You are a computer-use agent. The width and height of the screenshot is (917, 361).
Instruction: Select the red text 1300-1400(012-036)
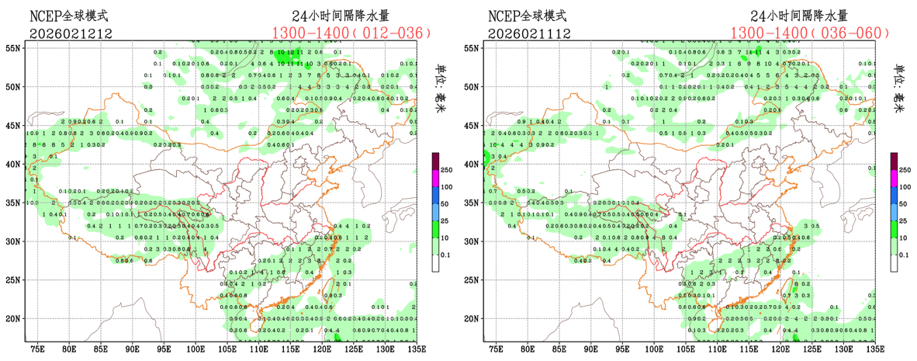click(351, 33)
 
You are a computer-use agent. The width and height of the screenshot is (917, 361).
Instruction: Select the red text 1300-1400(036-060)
click(809, 33)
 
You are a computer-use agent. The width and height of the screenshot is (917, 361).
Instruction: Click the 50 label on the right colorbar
click(904, 203)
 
